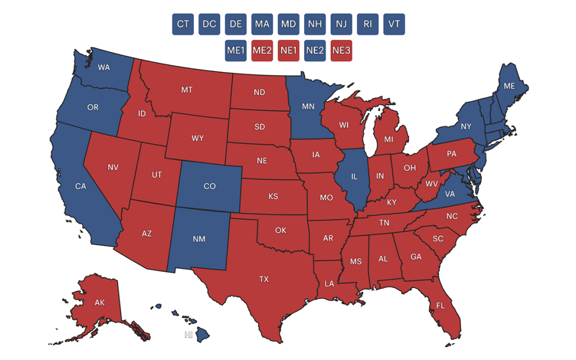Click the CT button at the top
pyautogui.click(x=183, y=24)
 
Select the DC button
pyautogui.click(x=209, y=24)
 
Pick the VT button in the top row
pyautogui.click(x=394, y=24)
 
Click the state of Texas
pyautogui.click(x=264, y=279)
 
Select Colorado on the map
pyautogui.click(x=209, y=186)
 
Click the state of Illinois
pyautogui.click(x=354, y=177)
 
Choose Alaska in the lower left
pyautogui.click(x=100, y=303)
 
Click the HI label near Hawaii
pyautogui.click(x=188, y=335)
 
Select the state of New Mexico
pyautogui.click(x=199, y=239)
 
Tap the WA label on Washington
pyautogui.click(x=103, y=67)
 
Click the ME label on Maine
pyautogui.click(x=510, y=86)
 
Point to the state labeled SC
pyautogui.click(x=438, y=238)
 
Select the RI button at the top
pyautogui.click(x=367, y=24)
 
